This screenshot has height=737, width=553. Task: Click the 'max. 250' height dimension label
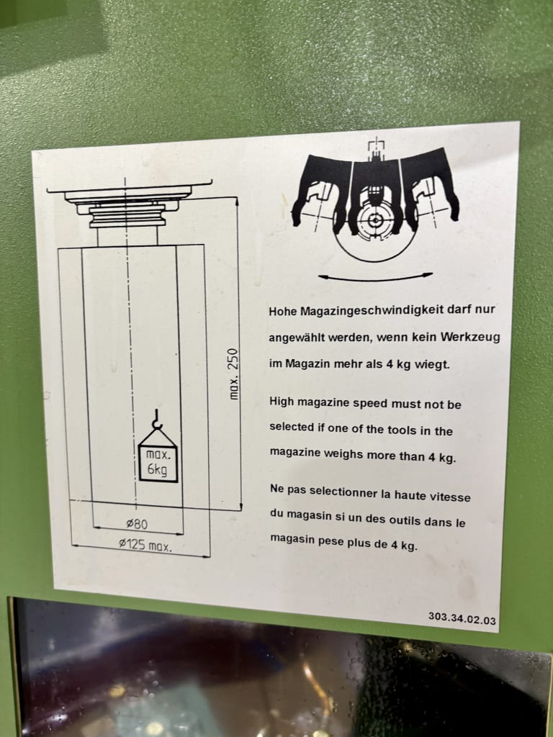click(x=234, y=374)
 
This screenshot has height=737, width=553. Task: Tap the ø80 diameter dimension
click(x=137, y=523)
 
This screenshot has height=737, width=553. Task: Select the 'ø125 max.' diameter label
click(x=145, y=546)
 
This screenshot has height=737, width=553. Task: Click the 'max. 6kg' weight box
click(x=158, y=464)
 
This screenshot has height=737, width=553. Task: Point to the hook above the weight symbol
click(x=157, y=420)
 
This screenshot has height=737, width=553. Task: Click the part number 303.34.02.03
click(x=462, y=618)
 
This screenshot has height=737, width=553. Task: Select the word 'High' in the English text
click(x=282, y=402)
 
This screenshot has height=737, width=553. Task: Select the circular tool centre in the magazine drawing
click(x=375, y=220)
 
